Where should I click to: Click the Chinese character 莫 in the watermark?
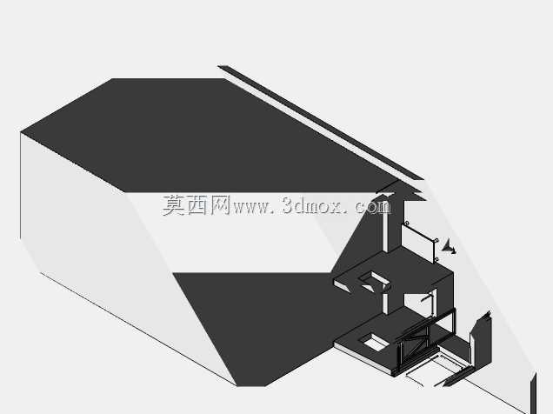[x=174, y=205]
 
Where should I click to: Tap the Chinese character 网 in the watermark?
[x=221, y=205]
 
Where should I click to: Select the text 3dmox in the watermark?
[x=312, y=205]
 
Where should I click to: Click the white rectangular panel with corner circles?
[x=418, y=243]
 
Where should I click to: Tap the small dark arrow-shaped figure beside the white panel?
[x=450, y=246]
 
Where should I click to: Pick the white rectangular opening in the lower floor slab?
[x=375, y=342]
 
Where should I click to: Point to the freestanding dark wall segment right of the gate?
[x=480, y=337]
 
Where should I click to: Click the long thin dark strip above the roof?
[x=320, y=123]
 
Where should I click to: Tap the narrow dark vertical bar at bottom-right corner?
[x=533, y=393]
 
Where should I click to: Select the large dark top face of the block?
[x=211, y=136]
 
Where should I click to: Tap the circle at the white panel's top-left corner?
[x=407, y=224]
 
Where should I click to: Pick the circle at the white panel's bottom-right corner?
[x=436, y=259]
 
